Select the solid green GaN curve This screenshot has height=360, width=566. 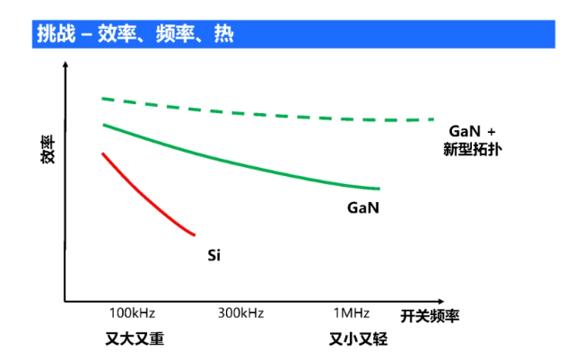[242, 162]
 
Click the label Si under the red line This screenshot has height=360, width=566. [213, 256]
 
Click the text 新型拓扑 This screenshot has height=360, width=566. [471, 148]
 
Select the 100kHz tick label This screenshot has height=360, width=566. [132, 313]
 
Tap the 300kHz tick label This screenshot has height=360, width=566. [240, 313]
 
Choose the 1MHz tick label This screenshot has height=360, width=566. [352, 313]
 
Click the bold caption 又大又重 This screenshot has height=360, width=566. [135, 339]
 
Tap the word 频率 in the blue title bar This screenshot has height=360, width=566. [177, 34]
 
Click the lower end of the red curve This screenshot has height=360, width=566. [194, 234]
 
